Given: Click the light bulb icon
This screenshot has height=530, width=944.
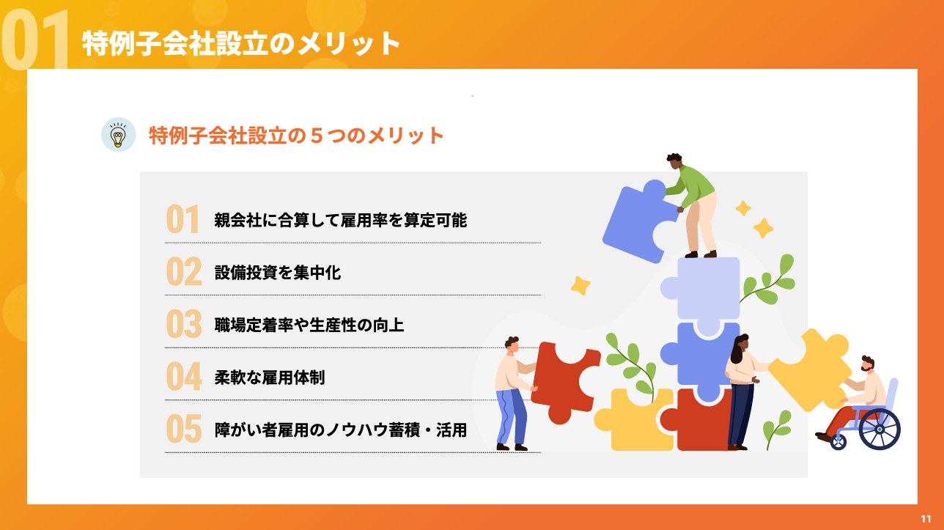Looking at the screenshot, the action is (x=119, y=135).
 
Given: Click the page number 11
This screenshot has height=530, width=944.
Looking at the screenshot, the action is (x=926, y=518).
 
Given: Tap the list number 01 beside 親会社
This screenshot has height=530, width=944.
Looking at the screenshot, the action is (x=182, y=219).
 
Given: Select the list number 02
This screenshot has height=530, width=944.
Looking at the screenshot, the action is (x=184, y=271).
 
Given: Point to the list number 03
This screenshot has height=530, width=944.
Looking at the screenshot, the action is (x=184, y=324).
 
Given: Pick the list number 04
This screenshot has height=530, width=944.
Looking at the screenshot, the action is (x=184, y=377).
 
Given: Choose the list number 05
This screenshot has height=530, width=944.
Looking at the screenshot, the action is (x=184, y=429).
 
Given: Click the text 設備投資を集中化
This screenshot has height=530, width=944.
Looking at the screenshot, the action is (x=278, y=273).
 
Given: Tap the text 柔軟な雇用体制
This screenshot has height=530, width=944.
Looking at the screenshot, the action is (x=270, y=378).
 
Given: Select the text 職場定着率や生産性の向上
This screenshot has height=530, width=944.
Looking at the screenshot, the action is (x=309, y=325).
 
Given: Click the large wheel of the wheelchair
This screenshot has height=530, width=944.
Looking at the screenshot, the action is (x=880, y=430).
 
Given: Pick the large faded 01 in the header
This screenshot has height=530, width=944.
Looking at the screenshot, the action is (x=34, y=40).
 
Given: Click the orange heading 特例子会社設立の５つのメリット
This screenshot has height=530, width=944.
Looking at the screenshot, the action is (x=297, y=136).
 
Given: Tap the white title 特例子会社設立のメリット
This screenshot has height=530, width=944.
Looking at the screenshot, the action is (x=241, y=43).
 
